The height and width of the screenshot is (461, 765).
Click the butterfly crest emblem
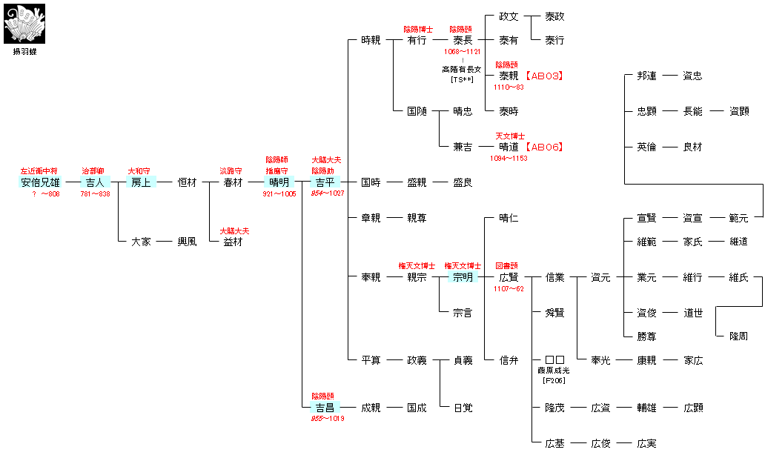(24, 23)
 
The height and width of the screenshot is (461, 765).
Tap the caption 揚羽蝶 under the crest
(24, 52)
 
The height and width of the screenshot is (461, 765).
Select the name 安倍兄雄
(40, 182)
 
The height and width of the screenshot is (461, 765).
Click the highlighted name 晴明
(279, 182)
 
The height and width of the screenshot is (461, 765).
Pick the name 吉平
(325, 182)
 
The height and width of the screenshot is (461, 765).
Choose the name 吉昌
(325, 408)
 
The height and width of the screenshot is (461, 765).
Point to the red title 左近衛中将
(40, 171)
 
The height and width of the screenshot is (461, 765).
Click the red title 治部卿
(93, 171)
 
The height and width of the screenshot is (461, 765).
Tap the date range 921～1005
(279, 194)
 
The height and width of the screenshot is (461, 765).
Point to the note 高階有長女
(462, 69)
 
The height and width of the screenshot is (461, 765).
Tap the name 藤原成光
(554, 369)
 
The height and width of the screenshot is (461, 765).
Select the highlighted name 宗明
(463, 277)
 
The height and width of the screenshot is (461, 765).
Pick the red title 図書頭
(509, 265)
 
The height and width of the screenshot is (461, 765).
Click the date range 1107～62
(509, 289)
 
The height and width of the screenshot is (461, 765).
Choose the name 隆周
(738, 336)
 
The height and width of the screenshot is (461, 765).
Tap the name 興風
(187, 242)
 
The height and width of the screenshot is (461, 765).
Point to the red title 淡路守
(232, 171)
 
